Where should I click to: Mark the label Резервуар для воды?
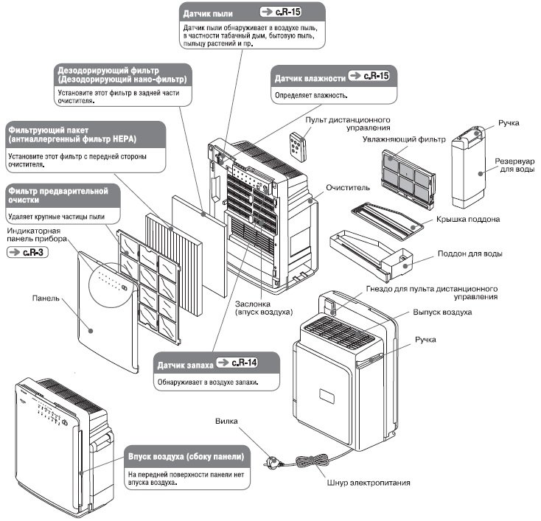(513, 165)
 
